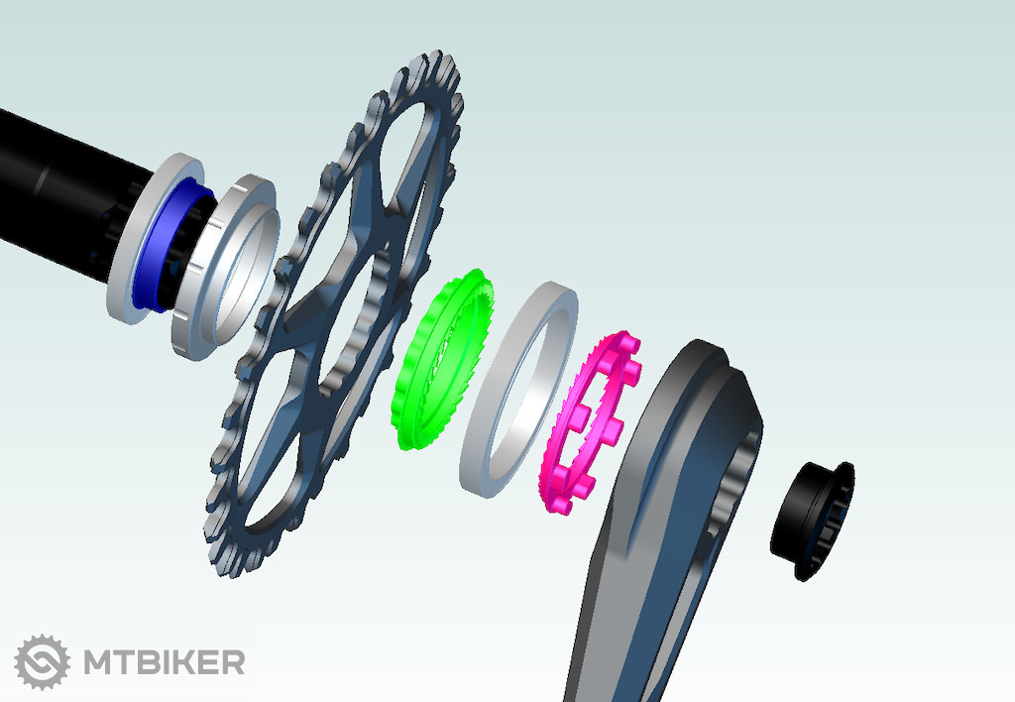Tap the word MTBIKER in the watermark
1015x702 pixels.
pos(164,662)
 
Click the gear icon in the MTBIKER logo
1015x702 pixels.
pos(42,662)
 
